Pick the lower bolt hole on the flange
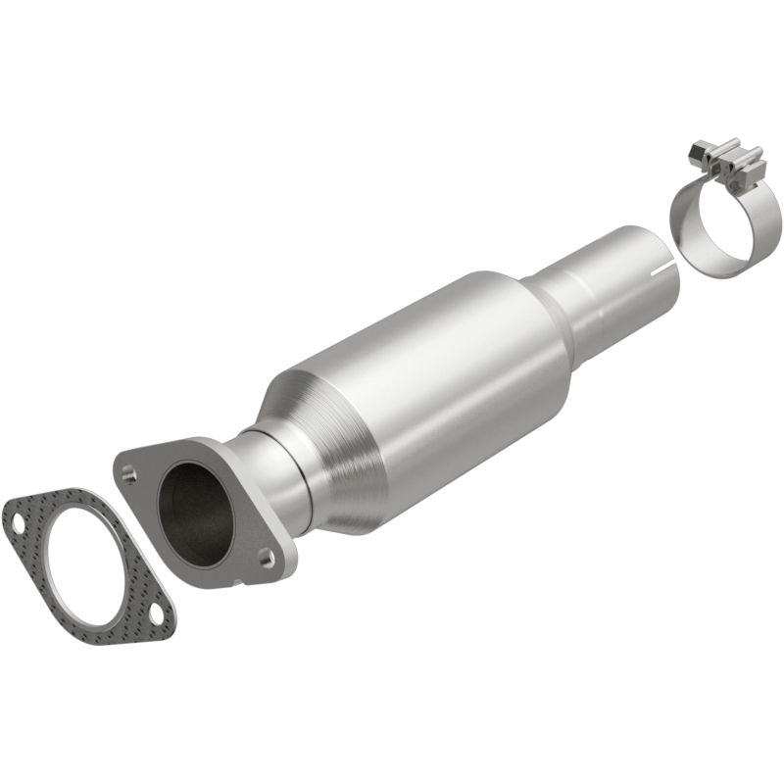(265, 557)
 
